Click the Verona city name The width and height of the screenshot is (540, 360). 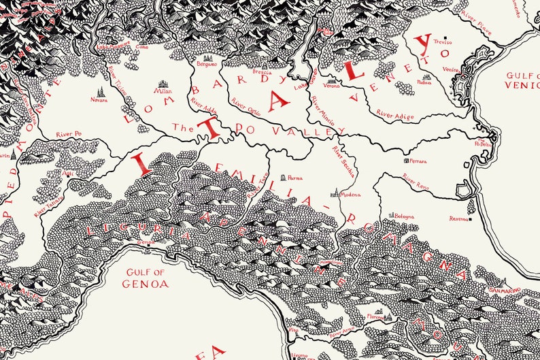(332, 86)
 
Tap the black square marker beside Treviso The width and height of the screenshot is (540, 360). (443, 36)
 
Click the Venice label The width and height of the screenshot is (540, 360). (451, 69)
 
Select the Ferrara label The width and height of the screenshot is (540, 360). (418, 161)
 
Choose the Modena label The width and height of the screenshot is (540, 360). (351, 194)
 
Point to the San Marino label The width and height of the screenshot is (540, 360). (503, 291)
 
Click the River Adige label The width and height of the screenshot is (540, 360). (394, 114)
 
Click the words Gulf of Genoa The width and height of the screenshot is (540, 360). (146, 278)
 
